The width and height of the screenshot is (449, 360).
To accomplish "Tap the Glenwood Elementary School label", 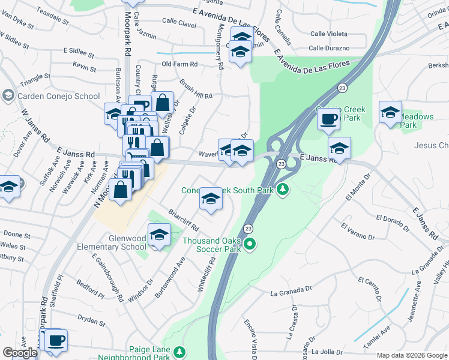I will click(x=119, y=242).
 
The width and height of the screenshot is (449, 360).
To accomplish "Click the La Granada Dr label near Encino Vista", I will click(x=292, y=293).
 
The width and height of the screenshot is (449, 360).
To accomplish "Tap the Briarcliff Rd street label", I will click(x=184, y=221).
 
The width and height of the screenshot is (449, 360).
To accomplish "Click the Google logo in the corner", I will click(x=20, y=353).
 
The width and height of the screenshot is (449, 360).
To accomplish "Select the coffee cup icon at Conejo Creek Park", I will click(x=328, y=119).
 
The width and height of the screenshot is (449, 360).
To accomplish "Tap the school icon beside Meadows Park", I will click(x=390, y=112).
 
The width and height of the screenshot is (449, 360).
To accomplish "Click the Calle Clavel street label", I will click(x=178, y=25).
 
